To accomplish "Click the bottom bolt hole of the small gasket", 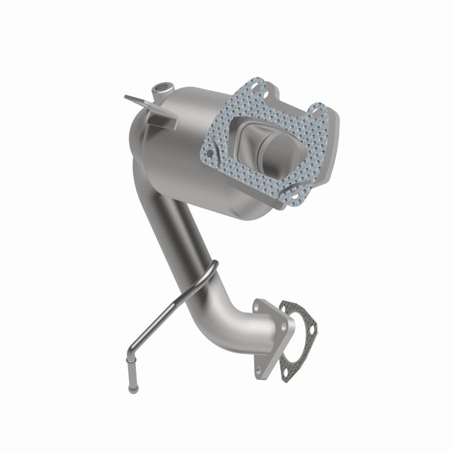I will (x=294, y=362).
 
